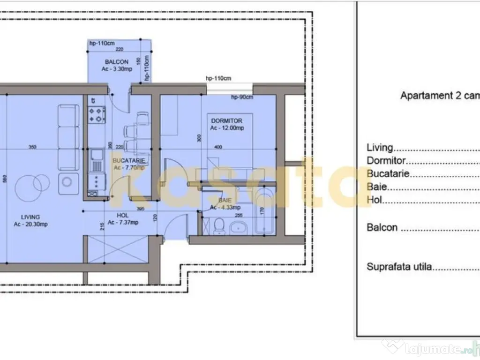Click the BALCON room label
117,62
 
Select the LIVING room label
30,217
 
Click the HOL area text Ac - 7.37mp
122,223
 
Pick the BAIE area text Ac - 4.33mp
225,207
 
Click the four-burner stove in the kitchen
97,115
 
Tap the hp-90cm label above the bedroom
242,97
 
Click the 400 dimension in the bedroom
218,147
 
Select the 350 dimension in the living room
32,147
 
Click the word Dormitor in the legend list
386,160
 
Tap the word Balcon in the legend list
382,228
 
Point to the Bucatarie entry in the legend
389,173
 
